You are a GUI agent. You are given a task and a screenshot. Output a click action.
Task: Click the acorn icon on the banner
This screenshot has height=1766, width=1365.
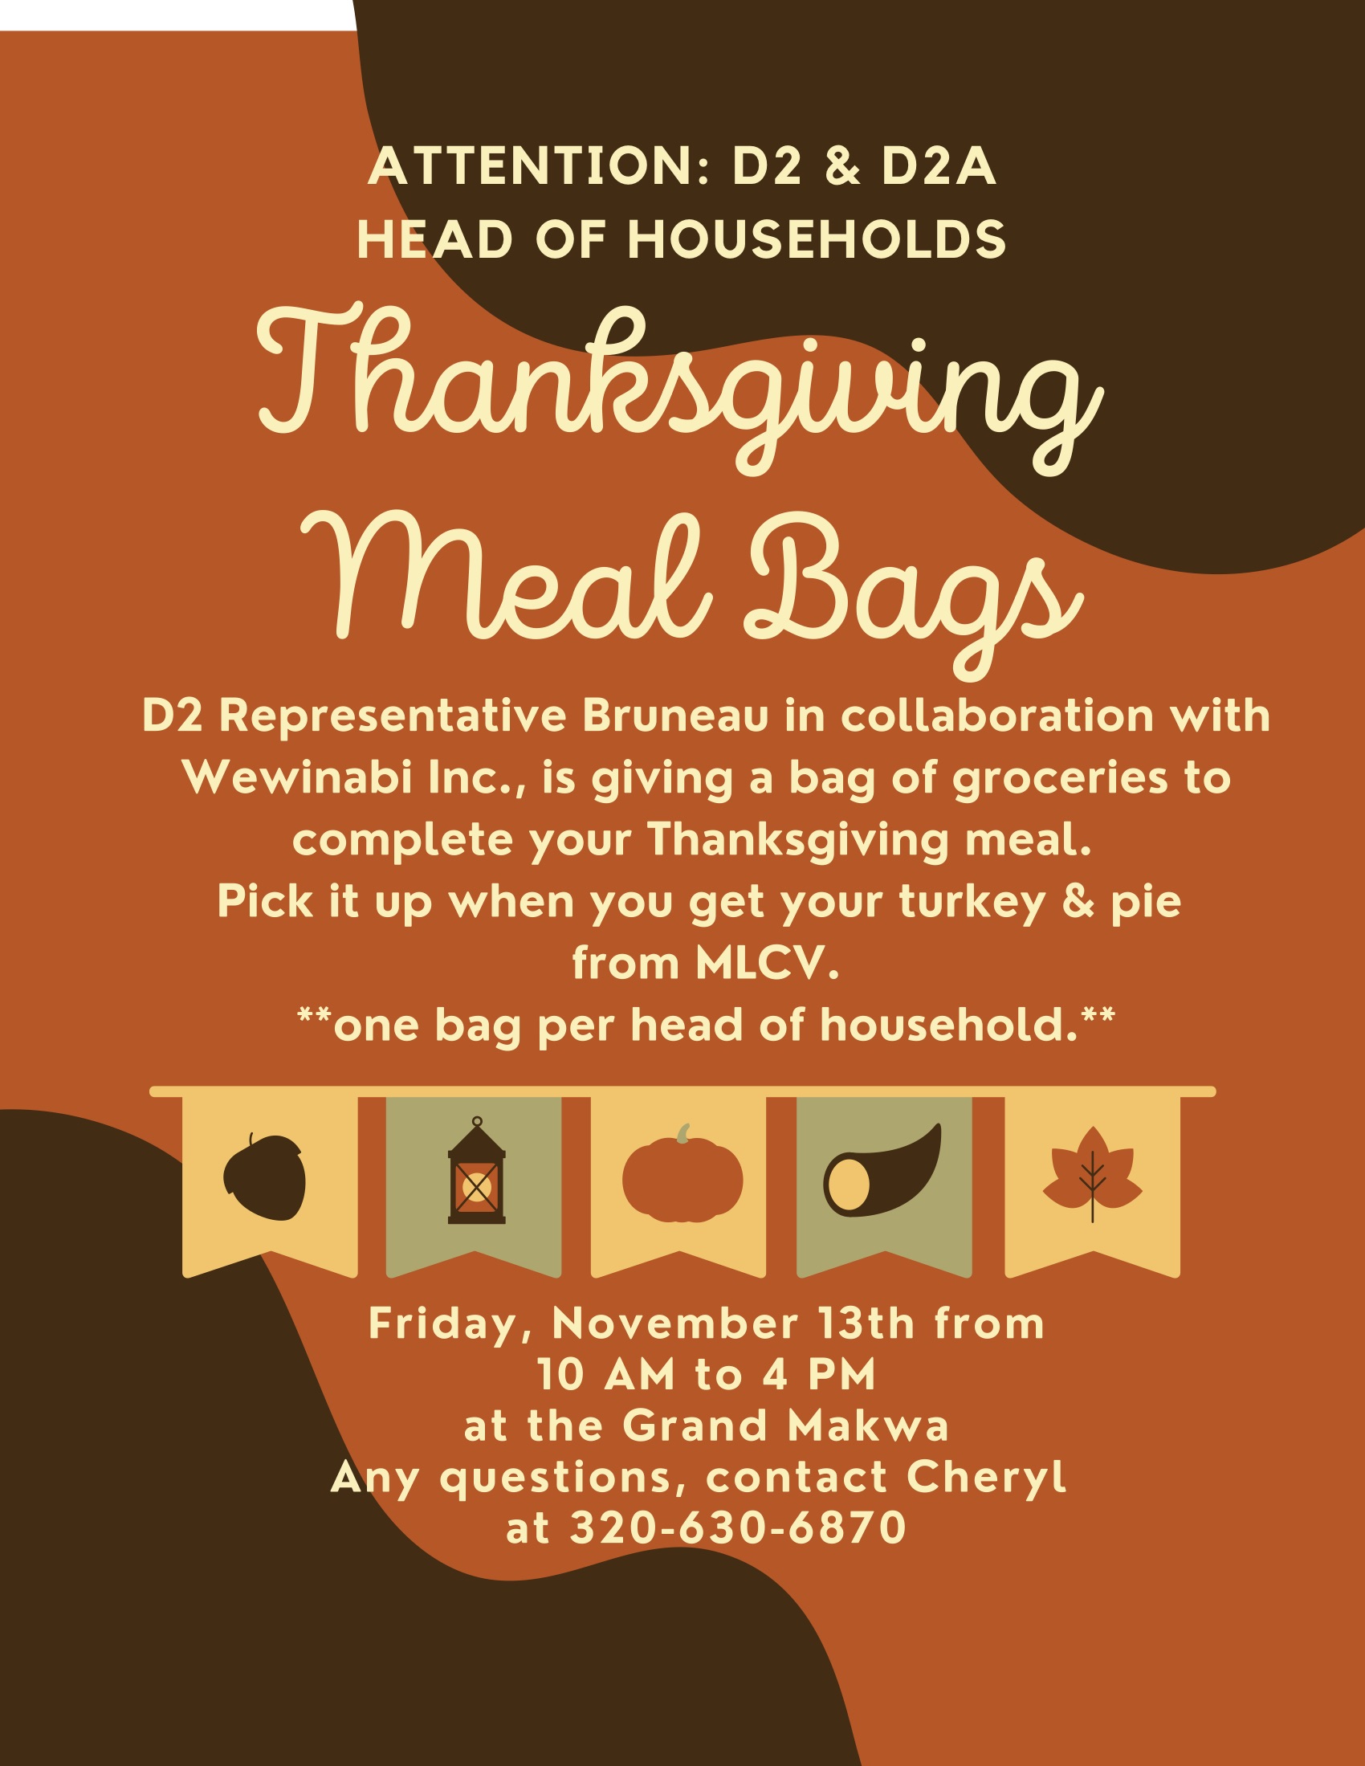pos(264,1177)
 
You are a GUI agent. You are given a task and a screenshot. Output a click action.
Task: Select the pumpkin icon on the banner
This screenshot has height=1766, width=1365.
pos(682,1173)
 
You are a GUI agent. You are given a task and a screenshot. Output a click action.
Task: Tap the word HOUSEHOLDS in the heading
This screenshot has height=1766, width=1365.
pos(817,240)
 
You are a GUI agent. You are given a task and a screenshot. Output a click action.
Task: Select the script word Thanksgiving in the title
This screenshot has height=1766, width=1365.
pos(680,388)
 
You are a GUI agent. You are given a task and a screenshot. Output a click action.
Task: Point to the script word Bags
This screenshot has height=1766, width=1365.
pos(915,590)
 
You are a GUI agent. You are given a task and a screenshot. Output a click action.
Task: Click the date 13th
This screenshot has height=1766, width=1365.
pos(866,1324)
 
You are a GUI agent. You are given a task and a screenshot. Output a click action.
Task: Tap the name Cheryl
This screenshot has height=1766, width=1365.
pos(987,1479)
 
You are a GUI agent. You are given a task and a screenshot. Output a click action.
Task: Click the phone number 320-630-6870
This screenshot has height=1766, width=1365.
pos(738,1528)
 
